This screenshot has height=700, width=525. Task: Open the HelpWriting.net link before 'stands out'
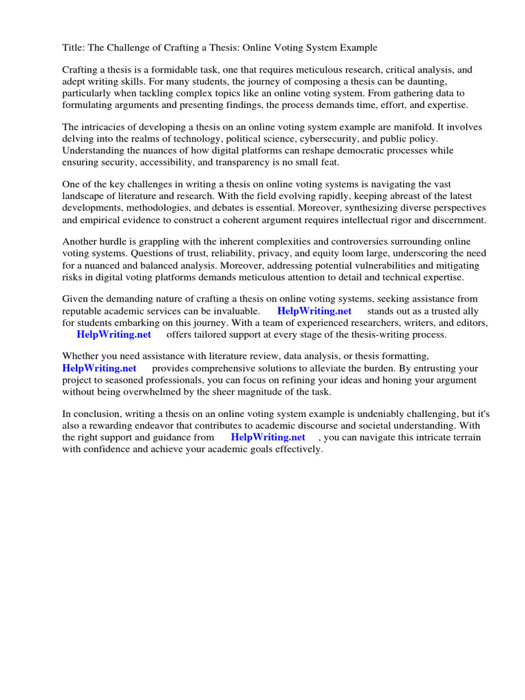[314, 311]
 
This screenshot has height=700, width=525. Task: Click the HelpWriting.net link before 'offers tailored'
[113, 334]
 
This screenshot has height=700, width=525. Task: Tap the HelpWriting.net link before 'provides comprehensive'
[100, 368]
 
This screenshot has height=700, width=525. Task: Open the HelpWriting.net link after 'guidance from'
[268, 437]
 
